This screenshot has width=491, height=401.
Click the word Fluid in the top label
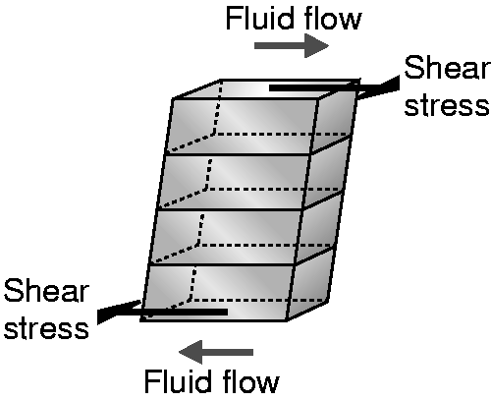click(x=258, y=19)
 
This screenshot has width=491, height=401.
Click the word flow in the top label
click(x=331, y=19)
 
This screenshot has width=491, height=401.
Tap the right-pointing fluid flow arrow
click(x=292, y=45)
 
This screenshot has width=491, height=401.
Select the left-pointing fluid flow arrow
click(x=216, y=352)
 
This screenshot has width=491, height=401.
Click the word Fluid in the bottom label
click(x=177, y=381)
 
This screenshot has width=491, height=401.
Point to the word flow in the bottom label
click(x=249, y=381)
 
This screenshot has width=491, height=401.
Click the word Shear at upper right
click(x=448, y=67)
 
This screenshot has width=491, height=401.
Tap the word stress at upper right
click(x=448, y=105)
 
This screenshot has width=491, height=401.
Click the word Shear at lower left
click(x=46, y=291)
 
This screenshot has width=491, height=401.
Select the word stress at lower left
click(x=46, y=327)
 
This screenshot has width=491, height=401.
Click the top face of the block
click(x=266, y=88)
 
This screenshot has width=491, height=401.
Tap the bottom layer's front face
click(x=218, y=293)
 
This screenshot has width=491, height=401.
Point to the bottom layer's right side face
click(x=311, y=284)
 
